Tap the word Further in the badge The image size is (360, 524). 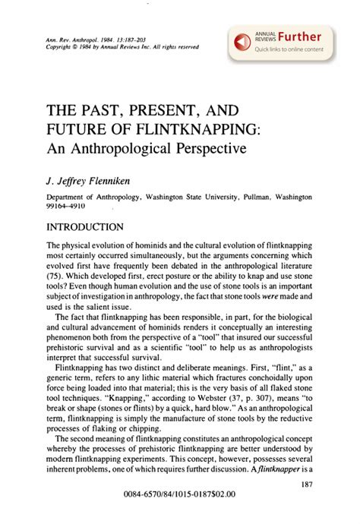pos(298,36)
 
